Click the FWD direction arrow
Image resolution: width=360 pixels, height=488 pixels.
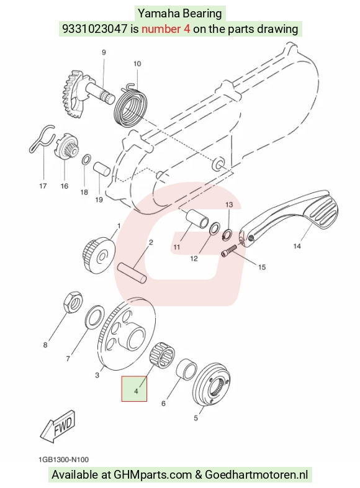58,426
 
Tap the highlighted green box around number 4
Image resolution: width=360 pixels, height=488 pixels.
134,389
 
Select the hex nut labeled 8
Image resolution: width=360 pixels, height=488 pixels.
73,302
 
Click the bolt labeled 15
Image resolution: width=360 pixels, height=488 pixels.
229,250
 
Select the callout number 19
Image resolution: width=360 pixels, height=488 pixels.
99,199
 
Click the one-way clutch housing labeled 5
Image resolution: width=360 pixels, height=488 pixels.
211,384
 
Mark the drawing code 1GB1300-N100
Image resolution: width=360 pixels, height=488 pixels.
64,459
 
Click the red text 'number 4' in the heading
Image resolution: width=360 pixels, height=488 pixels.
166,29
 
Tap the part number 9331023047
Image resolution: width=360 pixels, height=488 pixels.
95,29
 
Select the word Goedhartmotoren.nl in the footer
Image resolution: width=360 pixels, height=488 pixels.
256,475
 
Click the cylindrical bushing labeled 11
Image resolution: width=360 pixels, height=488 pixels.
197,219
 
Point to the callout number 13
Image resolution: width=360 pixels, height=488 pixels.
229,205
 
